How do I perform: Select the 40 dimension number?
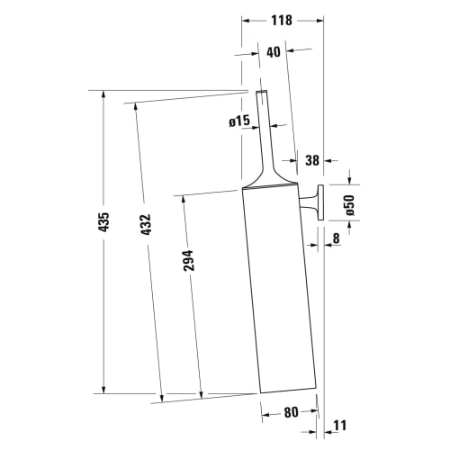tap(274, 51)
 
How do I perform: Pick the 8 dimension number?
tap(336, 239)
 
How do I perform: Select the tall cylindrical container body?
tap(279, 288)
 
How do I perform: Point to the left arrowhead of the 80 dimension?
tap(264, 417)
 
